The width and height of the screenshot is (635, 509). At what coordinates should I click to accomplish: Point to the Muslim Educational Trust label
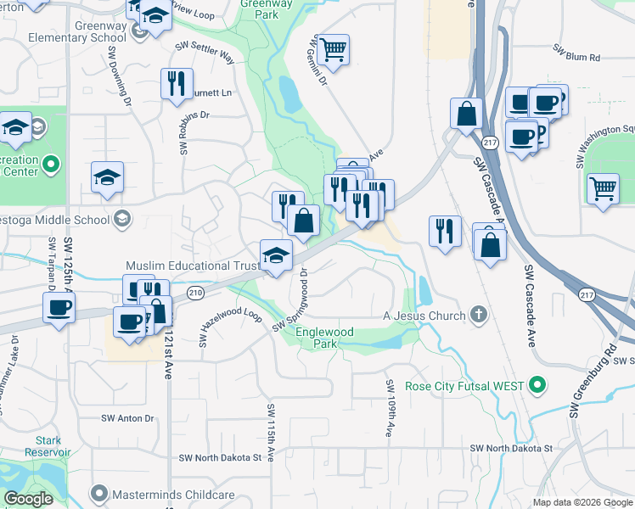[x=193, y=266]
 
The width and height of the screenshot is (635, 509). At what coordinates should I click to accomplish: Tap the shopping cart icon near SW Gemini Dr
[x=334, y=51]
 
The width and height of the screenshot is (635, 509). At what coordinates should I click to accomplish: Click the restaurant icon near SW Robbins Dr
[x=175, y=83]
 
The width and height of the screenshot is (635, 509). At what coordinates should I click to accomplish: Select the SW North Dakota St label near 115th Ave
[x=220, y=458]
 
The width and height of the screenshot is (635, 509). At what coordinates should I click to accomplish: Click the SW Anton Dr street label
[x=127, y=418]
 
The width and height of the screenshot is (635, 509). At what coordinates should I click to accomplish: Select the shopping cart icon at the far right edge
[x=602, y=187]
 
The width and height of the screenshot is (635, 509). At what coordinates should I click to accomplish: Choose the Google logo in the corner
[x=28, y=499]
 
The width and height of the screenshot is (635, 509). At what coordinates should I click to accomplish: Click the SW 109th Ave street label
[x=390, y=408]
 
